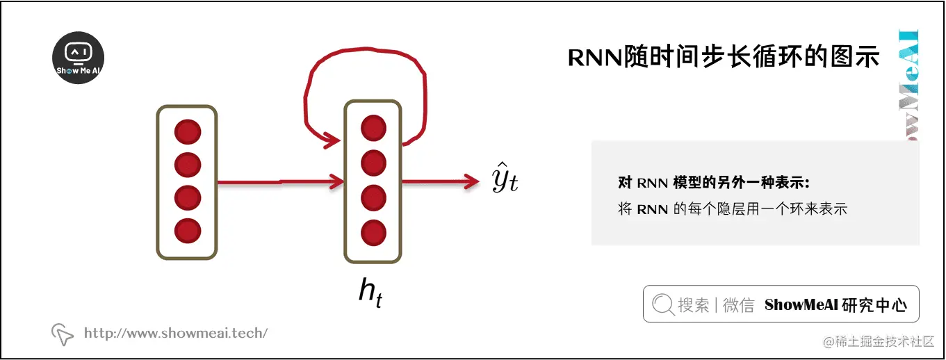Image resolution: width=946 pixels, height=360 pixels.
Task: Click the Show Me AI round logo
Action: point(79,59)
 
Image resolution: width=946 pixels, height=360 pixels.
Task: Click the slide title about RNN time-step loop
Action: point(724,58)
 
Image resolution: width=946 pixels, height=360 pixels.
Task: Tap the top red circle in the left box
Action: point(188,132)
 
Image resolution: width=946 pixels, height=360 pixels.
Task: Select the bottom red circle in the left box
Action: point(188,230)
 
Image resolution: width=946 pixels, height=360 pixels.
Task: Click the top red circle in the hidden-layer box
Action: point(373,128)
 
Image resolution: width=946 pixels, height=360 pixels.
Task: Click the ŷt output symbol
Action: point(505,180)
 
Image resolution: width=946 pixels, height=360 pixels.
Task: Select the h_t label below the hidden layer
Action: point(370,292)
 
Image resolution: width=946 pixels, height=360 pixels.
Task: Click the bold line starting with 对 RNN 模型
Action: point(714,183)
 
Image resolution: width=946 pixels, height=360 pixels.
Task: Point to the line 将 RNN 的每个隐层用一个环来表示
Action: point(733,208)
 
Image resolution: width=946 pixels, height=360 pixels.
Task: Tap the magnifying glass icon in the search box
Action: point(663,304)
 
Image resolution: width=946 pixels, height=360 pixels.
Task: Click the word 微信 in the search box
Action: point(738,304)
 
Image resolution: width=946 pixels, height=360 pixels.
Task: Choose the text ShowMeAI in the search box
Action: point(801,304)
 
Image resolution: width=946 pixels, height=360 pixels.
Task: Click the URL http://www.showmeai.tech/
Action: point(175,334)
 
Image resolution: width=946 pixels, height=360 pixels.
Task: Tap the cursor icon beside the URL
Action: point(63,334)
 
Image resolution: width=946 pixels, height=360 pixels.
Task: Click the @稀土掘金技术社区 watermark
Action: point(879,342)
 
